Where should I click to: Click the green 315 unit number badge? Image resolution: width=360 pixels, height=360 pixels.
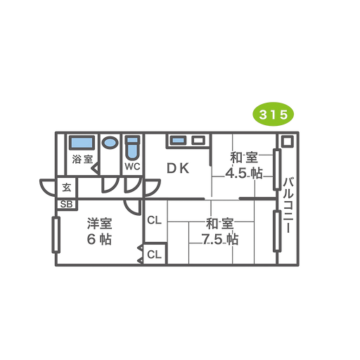point(273,115)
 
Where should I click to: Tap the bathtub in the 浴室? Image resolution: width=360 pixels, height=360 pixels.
point(82,143)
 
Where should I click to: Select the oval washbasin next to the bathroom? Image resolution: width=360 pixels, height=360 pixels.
point(110,143)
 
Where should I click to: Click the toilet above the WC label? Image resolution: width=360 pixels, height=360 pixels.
point(133,148)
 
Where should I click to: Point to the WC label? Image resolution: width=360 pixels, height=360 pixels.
point(132,167)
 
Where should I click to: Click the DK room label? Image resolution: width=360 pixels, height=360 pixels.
point(178,168)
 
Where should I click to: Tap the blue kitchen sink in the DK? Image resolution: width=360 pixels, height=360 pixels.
point(179,141)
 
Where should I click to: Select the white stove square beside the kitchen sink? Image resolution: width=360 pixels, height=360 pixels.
point(198,141)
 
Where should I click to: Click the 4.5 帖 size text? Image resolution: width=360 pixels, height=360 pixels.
point(244,174)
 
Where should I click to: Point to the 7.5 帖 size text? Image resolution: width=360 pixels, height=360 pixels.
point(220,240)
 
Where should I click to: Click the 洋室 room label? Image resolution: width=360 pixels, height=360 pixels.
point(99,223)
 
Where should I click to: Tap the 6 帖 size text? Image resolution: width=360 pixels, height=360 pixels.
point(99,239)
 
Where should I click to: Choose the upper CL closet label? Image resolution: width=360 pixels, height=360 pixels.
point(155,220)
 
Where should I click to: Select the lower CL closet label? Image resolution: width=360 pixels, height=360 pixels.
point(155,255)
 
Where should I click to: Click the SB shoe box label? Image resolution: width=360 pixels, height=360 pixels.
point(67,205)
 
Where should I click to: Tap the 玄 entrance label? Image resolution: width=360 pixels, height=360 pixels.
point(67,188)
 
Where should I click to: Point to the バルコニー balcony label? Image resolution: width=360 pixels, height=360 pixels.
point(288,205)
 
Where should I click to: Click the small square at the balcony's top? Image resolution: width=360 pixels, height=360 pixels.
point(288,141)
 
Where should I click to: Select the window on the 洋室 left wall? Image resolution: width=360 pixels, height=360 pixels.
point(56,235)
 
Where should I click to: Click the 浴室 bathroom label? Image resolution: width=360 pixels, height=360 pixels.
point(82,159)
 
